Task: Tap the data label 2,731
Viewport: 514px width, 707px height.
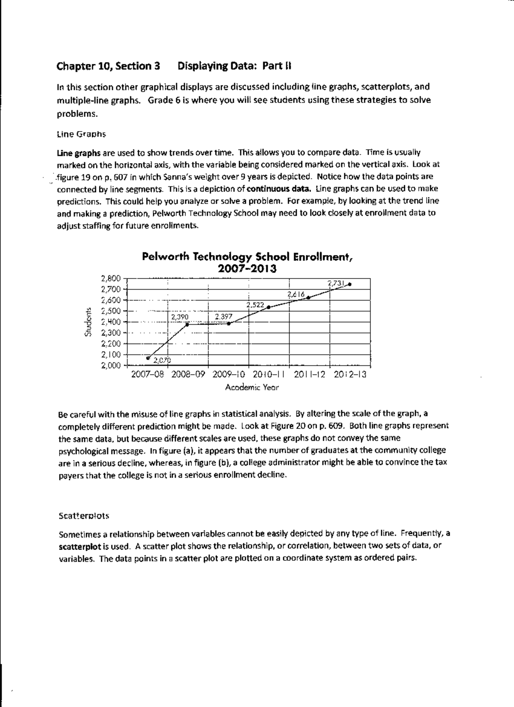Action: coord(335,283)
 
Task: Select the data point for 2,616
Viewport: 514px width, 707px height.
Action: coord(308,298)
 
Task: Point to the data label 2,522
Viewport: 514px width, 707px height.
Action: coord(255,305)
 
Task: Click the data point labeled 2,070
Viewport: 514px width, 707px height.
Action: coord(148,357)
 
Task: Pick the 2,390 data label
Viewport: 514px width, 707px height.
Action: coord(179,317)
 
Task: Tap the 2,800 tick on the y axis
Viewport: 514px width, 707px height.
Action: coord(111,278)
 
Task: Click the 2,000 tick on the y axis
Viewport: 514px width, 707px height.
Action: coord(111,365)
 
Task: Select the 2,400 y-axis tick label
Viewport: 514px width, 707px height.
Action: coord(111,322)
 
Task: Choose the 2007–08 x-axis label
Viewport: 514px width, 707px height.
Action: coord(147,374)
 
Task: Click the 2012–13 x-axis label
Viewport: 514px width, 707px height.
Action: coord(350,374)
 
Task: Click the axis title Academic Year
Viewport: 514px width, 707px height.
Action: coord(252,387)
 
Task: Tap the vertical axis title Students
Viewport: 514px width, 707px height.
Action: coord(88,322)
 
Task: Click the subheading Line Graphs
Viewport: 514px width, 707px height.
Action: coord(81,134)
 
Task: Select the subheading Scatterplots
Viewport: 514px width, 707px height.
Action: coord(84,516)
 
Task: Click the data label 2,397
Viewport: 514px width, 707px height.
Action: coord(223,317)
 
